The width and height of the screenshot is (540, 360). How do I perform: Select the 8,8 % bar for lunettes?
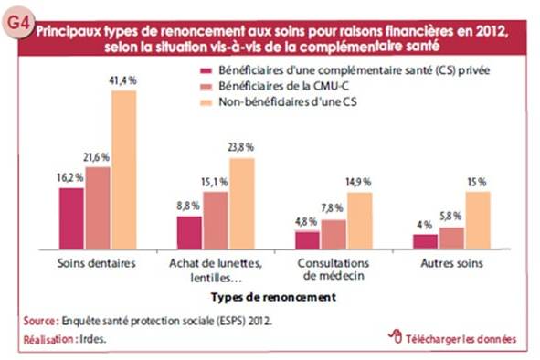[x=189, y=231]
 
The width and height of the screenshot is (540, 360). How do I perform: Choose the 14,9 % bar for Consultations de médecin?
[x=360, y=219]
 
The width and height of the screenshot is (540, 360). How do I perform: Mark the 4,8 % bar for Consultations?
[x=308, y=238]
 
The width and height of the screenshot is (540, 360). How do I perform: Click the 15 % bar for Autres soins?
[x=479, y=219]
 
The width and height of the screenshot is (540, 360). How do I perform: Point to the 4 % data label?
[x=423, y=225]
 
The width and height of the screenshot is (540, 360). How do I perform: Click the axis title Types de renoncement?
[x=273, y=296]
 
